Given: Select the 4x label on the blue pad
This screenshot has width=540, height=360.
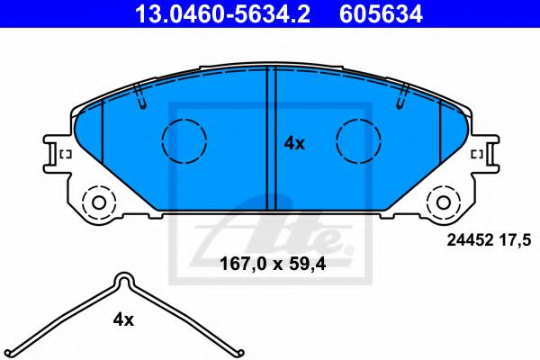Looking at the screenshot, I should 294,142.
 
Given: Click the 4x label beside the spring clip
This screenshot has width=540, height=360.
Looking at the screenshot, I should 123,319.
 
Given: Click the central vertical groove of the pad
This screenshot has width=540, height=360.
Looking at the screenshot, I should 271,135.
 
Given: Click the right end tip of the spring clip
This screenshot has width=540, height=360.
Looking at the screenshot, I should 238,350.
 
